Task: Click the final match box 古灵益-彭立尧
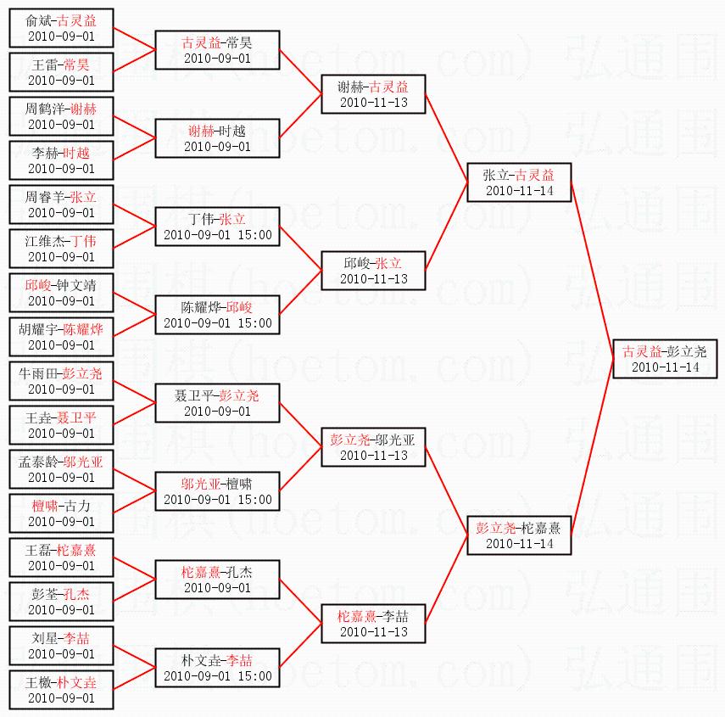tap(665, 359)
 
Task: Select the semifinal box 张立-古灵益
tap(519, 182)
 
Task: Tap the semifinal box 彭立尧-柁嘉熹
tap(519, 535)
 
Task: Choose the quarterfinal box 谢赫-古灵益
tap(373, 94)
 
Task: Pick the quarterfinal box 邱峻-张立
tap(373, 271)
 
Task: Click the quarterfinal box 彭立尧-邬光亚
tap(373, 447)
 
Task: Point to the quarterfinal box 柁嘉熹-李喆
tap(373, 624)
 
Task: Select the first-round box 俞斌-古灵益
tap(61, 28)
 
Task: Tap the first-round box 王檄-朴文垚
tap(61, 690)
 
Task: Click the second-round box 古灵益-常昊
tap(217, 50)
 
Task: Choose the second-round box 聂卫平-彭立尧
tap(217, 403)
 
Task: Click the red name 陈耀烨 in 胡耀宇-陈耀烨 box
tap(83, 329)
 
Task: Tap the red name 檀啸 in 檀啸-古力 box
tap(45, 506)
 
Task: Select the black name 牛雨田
tap(39, 373)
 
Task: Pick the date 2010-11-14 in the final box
tap(666, 367)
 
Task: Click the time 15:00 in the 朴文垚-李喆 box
tap(254, 675)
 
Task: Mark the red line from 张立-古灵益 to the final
tap(593, 271)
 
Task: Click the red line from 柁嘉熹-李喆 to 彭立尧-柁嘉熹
tap(447, 580)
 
